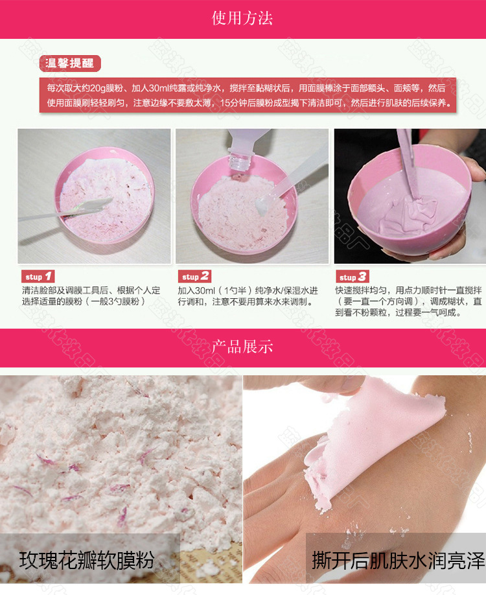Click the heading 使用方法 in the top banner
[x=243, y=17]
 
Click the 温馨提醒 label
[x=71, y=63]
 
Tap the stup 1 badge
[x=39, y=277]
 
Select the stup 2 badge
[x=195, y=277]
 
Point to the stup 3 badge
[x=354, y=277]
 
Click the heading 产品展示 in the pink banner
[x=243, y=347]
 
